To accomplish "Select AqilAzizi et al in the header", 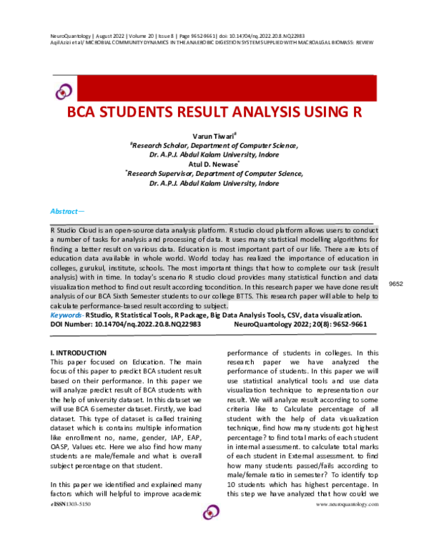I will [69, 42].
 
